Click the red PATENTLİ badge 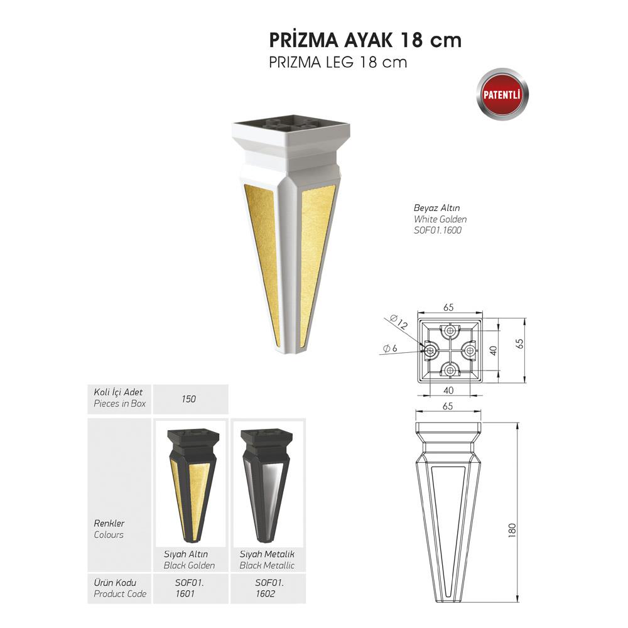coord(502,95)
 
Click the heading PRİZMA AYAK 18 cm coord(365,40)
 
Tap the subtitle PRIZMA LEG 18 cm coord(338,62)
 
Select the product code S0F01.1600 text coord(438,230)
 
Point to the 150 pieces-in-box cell coord(188,399)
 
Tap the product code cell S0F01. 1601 coord(190,588)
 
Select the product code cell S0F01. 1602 coord(269,588)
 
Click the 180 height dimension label coord(512,530)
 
